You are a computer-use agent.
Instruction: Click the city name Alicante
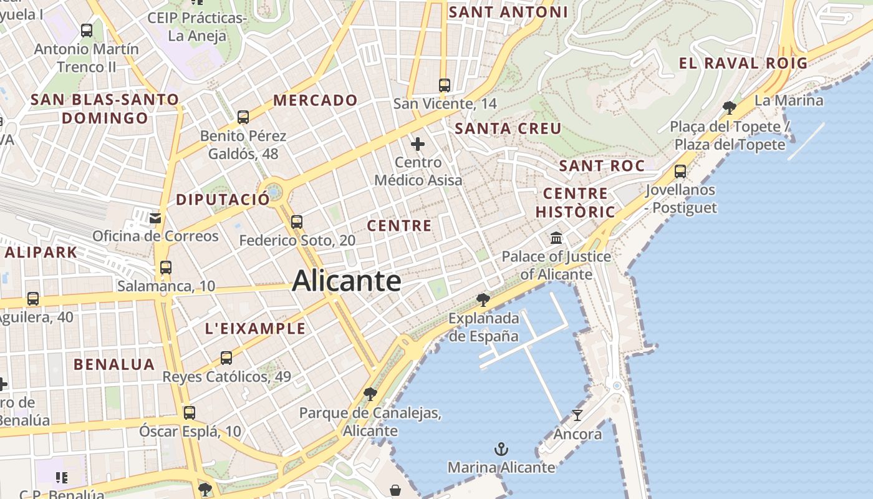tap(347, 281)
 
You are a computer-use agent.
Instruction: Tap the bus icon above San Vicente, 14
tap(444, 85)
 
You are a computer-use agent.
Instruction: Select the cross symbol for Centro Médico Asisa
tap(418, 145)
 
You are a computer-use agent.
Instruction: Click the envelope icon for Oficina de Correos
tap(155, 218)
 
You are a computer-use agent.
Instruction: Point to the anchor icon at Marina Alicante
tap(501, 449)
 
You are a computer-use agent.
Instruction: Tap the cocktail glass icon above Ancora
tap(577, 415)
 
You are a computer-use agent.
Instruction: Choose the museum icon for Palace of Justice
tap(556, 238)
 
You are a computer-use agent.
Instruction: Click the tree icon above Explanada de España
tap(483, 299)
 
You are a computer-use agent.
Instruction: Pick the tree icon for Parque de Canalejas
tap(370, 394)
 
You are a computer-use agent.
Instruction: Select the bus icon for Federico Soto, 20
tap(297, 221)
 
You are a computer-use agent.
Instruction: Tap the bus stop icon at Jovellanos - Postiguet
tap(680, 171)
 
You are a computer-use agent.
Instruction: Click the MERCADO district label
tap(315, 100)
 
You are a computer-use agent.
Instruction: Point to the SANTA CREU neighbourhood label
tap(508, 129)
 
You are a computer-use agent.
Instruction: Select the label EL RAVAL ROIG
tap(743, 63)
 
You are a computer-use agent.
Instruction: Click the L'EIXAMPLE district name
tap(255, 329)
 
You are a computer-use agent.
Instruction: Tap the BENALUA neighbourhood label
tap(114, 364)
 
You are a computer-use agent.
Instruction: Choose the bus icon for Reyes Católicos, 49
tap(226, 358)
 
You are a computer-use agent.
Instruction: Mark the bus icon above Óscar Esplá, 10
tap(189, 412)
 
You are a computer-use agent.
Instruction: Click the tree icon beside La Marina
tap(729, 107)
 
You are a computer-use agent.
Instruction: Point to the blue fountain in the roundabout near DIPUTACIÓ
tap(274, 189)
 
